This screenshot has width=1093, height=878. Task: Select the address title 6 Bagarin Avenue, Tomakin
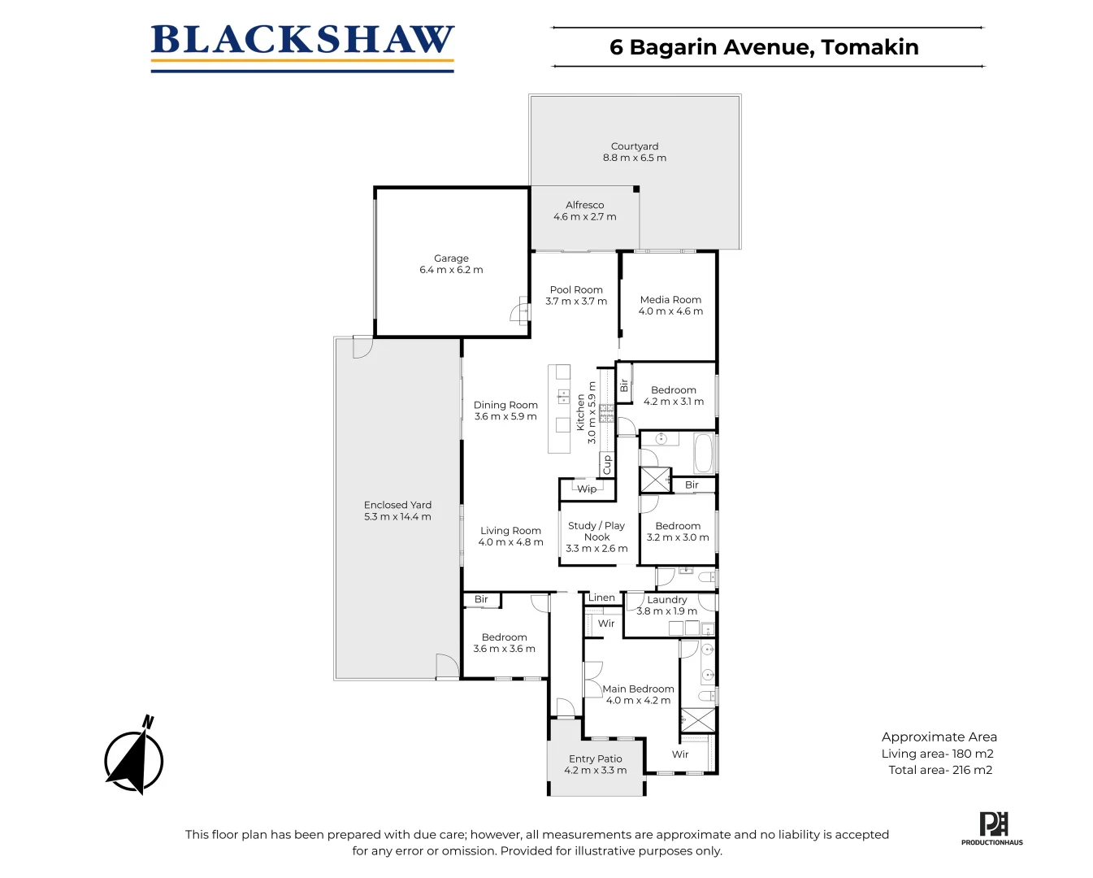tap(764, 47)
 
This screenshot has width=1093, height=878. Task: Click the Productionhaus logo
tap(992, 828)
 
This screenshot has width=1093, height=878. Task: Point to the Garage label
tap(451, 259)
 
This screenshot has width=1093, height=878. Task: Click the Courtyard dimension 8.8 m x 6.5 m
tap(634, 158)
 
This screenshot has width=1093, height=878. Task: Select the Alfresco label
tap(584, 205)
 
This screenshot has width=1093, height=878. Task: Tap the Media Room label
tap(670, 299)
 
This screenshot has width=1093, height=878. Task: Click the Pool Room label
tap(576, 289)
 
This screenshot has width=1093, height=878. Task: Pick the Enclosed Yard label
tap(397, 505)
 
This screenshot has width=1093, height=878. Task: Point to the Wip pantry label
tap(587, 489)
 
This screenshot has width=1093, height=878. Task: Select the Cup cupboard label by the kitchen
tap(606, 465)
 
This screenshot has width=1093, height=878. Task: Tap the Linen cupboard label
tap(601, 598)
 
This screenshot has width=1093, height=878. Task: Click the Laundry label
tap(667, 600)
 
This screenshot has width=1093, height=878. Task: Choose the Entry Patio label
tap(595, 758)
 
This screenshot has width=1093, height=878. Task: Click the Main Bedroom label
tap(638, 689)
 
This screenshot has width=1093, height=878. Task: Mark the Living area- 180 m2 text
tap(937, 754)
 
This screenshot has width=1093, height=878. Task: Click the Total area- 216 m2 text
tap(940, 770)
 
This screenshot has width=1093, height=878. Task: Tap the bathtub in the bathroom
tap(703, 454)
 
